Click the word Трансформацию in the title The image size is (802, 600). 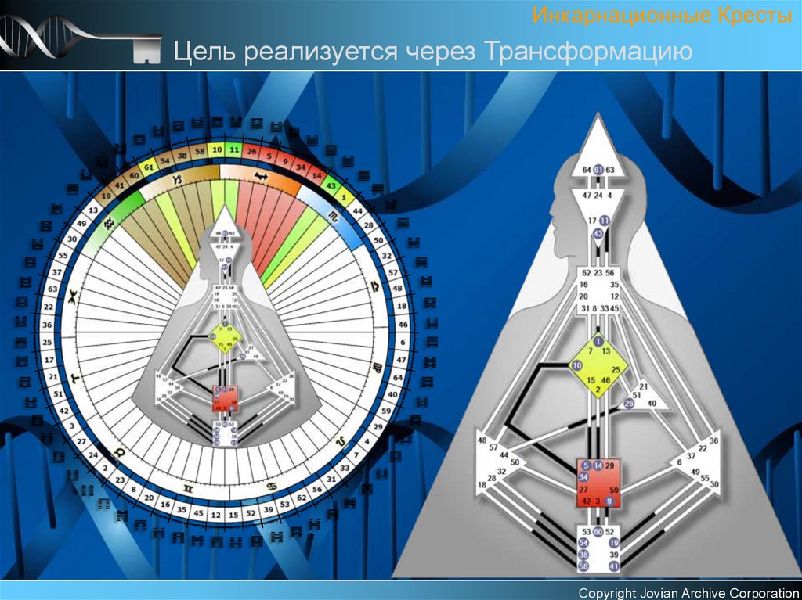pyautogui.click(x=588, y=52)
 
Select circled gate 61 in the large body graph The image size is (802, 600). pyautogui.click(x=598, y=170)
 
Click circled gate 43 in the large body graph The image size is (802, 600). pyautogui.click(x=598, y=233)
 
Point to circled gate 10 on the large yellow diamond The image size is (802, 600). pyautogui.click(x=576, y=365)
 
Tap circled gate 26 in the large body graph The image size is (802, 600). pyautogui.click(x=628, y=403)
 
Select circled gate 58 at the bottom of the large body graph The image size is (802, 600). pyautogui.click(x=583, y=566)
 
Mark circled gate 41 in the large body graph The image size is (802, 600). pyautogui.click(x=614, y=566)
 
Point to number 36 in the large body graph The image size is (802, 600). pyautogui.click(x=713, y=441)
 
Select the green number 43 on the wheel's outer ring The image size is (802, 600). pyautogui.click(x=331, y=186)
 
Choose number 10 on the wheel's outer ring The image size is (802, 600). pyautogui.click(x=217, y=149)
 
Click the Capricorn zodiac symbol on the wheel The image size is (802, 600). pyautogui.click(x=177, y=180)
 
